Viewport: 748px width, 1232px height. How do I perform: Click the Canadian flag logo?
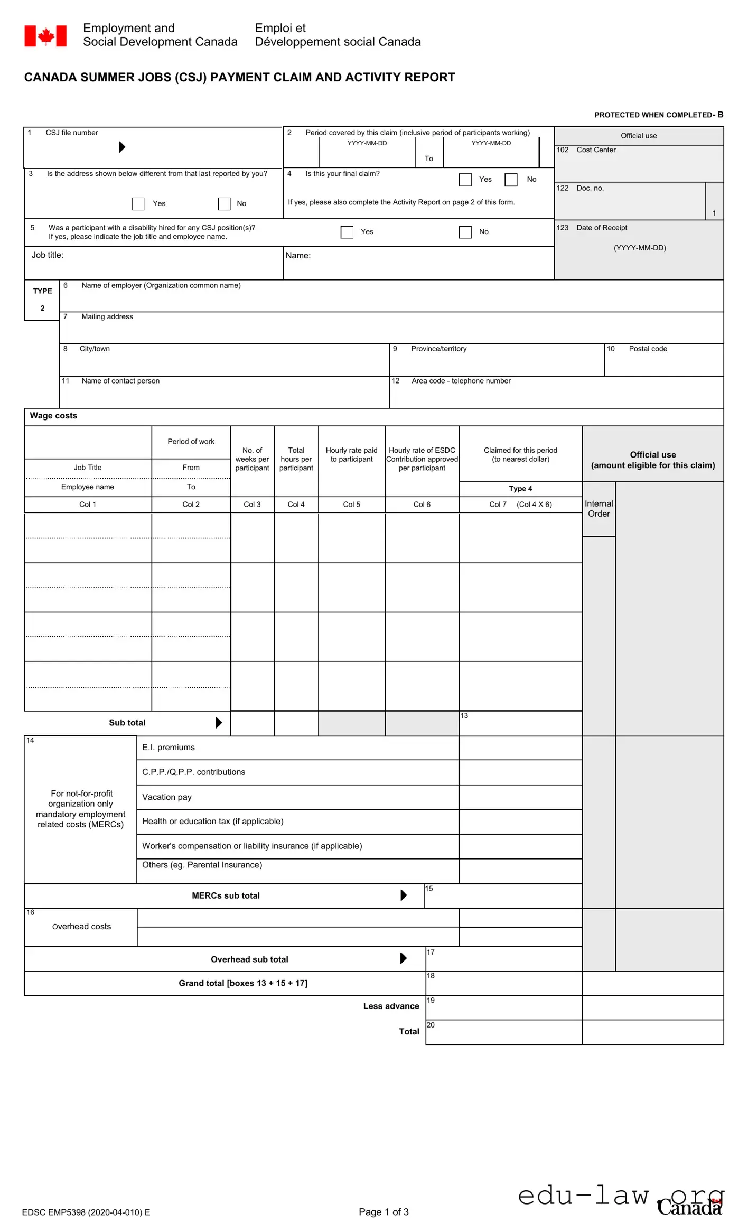45,36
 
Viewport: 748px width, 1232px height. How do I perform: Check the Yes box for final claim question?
465,180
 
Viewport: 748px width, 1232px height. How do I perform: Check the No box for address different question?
224,204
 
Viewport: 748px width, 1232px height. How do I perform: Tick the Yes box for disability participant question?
347,232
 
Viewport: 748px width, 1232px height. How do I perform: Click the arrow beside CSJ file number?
122,147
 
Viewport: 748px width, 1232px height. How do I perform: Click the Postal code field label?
647,349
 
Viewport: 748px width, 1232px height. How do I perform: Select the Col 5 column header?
351,505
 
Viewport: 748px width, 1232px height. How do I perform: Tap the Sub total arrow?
219,723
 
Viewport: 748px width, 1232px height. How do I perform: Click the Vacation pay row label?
167,797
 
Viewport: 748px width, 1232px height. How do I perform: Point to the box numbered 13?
520,724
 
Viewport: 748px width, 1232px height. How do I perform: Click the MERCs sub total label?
226,896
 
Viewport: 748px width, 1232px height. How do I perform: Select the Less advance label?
391,1006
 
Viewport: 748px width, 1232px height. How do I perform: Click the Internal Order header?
599,509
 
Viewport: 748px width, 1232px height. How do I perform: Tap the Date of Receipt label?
602,228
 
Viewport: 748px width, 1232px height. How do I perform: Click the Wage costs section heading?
53,416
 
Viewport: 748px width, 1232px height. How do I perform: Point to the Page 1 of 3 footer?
384,1212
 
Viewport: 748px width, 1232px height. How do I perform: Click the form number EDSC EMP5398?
86,1212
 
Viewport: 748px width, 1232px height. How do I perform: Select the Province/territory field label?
438,349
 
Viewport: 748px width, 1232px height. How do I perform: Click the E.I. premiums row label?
168,748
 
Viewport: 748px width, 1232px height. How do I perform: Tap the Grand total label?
243,983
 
